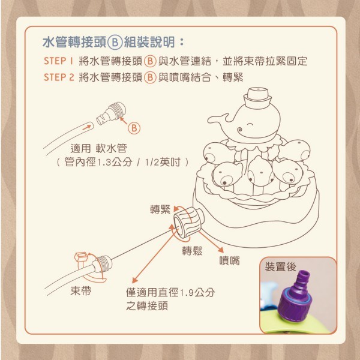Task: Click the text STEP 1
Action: pyautogui.click(x=58, y=61)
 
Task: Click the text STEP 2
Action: pyautogui.click(x=59, y=77)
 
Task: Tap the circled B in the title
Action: pyautogui.click(x=115, y=43)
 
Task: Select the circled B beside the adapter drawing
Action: pyautogui.click(x=134, y=128)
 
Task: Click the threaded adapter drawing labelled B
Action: pyautogui.click(x=111, y=113)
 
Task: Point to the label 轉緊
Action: pyautogui.click(x=160, y=209)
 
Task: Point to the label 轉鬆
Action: pyautogui.click(x=192, y=250)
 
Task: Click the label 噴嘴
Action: pyautogui.click(x=229, y=260)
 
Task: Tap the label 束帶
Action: pyautogui.click(x=81, y=290)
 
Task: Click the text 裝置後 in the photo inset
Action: pyautogui.click(x=281, y=266)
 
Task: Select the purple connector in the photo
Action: pyautogui.click(x=295, y=296)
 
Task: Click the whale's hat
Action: pyautogui.click(x=257, y=97)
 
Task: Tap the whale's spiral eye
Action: pyautogui.click(x=240, y=131)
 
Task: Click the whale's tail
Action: pyautogui.click(x=218, y=119)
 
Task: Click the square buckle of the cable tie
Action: pyautogui.click(x=81, y=256)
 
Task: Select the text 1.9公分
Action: pyautogui.click(x=197, y=292)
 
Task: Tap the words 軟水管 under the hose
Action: pyautogui.click(x=112, y=148)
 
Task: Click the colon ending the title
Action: pyautogui.click(x=182, y=42)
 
